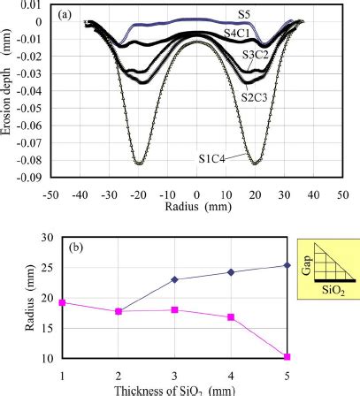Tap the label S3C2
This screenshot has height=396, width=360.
click(257, 55)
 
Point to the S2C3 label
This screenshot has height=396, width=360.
click(257, 94)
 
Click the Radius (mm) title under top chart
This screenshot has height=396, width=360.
click(196, 208)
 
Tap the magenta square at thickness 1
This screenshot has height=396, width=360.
click(62, 302)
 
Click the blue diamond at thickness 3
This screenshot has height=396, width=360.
click(175, 279)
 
